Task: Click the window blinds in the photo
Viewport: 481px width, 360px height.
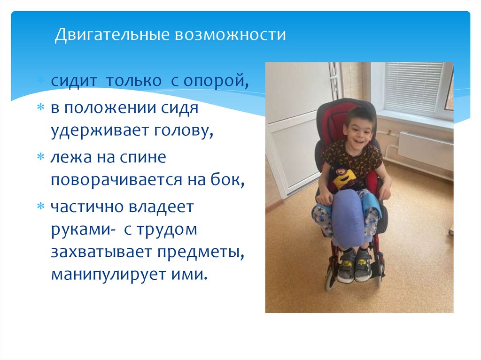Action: click(413, 86)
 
